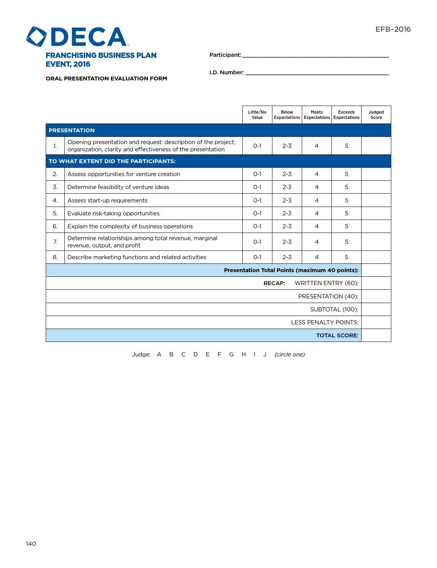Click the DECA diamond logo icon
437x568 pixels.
coord(37,37)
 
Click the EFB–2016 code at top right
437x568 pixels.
coord(393,29)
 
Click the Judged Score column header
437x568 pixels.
coord(376,115)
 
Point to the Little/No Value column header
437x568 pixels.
coord(257,115)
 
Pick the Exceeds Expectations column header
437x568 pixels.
coord(346,115)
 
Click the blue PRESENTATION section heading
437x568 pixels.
coord(72,130)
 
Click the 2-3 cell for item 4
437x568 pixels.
coord(287,200)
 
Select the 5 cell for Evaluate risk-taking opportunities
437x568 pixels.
coord(346,213)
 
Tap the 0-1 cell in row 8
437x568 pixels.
coord(257,257)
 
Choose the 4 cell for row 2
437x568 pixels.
coord(317,174)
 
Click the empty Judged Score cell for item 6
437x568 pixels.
coord(376,226)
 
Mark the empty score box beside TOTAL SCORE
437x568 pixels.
coord(376,335)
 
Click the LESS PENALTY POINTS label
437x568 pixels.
coord(325,323)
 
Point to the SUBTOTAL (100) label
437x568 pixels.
coord(334,310)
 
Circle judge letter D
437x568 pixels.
coord(195,355)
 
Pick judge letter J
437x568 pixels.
coord(265,355)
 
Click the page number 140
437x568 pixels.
coord(31,544)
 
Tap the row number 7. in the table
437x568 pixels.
coord(55,242)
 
